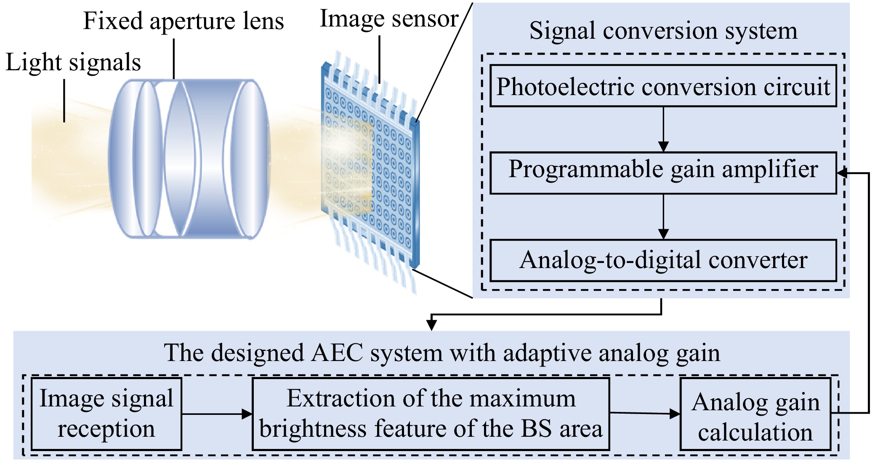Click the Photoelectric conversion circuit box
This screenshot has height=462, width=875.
click(663, 86)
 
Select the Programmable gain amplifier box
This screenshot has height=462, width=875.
click(663, 173)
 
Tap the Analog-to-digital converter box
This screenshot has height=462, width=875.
click(663, 260)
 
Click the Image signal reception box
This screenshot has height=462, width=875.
click(106, 414)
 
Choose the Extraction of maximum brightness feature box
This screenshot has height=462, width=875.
click(431, 414)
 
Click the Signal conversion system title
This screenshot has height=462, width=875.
click(663, 31)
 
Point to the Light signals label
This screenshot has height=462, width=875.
click(73, 63)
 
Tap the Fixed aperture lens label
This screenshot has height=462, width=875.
click(184, 21)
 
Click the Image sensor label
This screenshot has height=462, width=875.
click(389, 19)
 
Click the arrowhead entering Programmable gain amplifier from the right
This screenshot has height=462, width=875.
click(842, 173)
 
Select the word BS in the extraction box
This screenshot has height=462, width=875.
click(536, 429)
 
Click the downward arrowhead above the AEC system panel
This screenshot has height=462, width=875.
click(431, 325)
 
